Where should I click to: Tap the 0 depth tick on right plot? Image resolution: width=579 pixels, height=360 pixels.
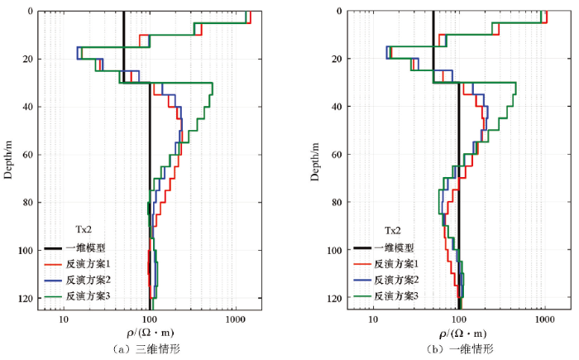[340, 11]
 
